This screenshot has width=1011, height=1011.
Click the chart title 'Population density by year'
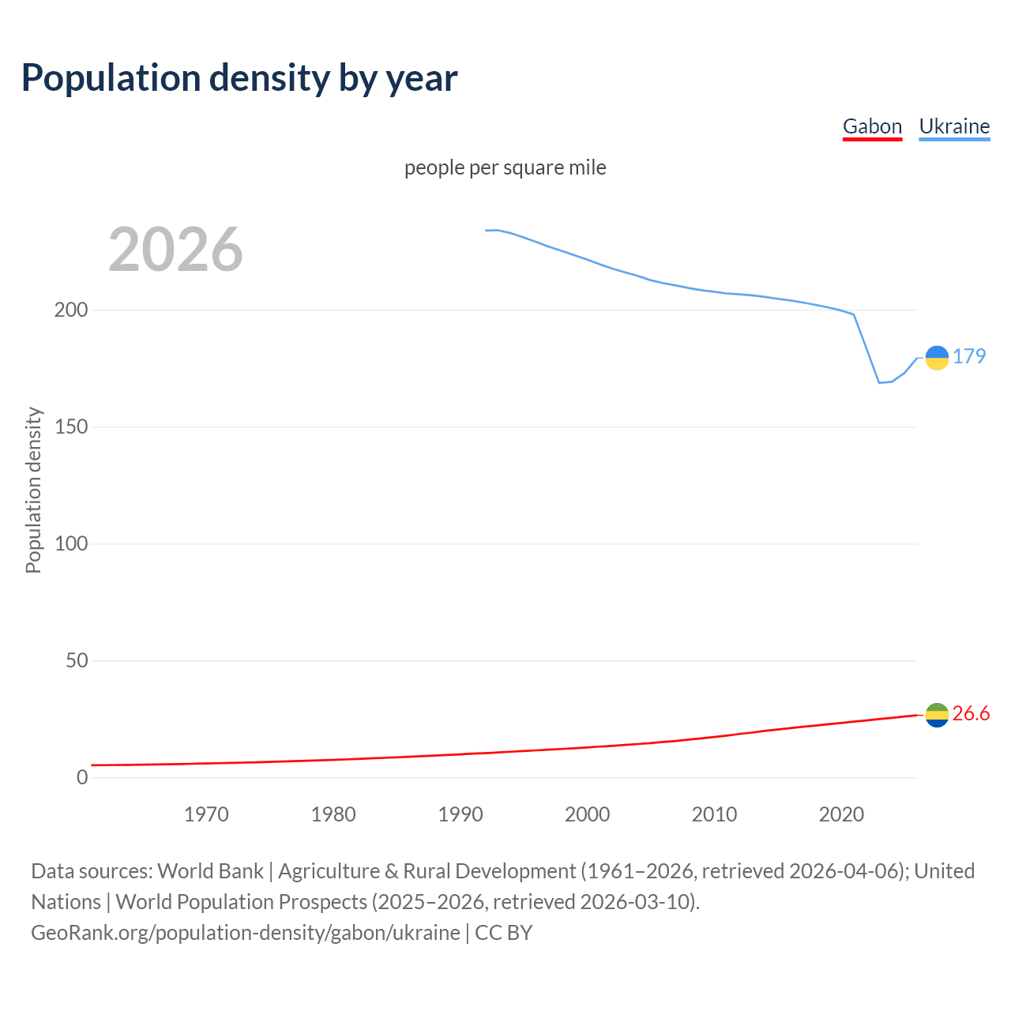(239, 78)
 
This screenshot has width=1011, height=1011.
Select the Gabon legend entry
(872, 126)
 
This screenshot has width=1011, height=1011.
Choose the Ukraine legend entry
(954, 126)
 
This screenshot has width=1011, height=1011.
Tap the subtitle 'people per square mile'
(505, 167)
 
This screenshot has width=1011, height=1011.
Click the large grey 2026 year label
(175, 250)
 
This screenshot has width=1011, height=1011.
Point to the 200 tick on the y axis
(71, 310)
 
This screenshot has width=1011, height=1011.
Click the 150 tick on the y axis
(71, 427)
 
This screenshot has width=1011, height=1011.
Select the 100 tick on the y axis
(71, 543)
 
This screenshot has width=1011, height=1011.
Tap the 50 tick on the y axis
(77, 660)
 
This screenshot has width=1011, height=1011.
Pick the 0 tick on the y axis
(82, 777)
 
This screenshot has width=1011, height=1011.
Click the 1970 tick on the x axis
(206, 814)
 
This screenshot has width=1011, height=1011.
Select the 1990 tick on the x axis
(460, 814)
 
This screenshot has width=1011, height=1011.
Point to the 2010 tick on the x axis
(714, 814)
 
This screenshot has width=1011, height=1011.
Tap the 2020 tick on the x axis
(841, 814)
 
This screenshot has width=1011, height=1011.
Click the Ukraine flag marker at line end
(937, 358)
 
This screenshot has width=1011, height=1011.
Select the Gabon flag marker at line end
(937, 715)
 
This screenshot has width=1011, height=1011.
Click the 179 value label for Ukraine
(969, 356)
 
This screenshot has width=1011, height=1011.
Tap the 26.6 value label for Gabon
(971, 714)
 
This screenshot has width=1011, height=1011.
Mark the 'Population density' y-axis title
(33, 490)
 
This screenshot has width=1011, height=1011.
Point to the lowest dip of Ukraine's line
(879, 382)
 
